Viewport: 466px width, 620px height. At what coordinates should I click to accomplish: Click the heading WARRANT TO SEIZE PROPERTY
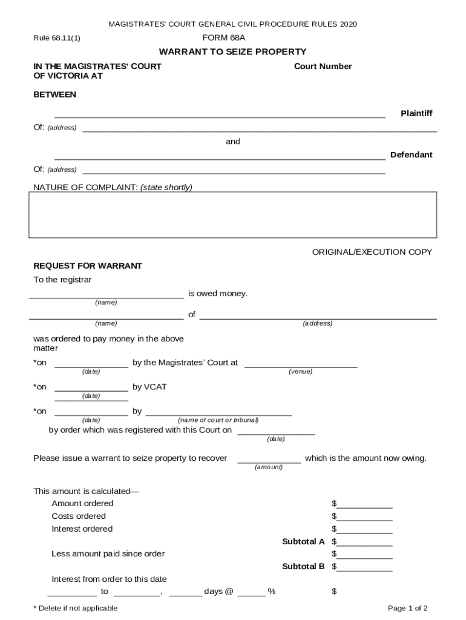coord(232,52)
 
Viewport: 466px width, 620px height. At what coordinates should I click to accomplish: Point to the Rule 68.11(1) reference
coord(56,38)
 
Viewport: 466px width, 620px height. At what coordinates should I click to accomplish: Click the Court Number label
coord(323,67)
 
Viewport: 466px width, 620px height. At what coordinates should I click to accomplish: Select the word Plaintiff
coord(416,114)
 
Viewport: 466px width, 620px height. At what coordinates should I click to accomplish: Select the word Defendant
coord(411,155)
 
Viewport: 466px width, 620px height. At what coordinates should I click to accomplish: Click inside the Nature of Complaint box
coord(232,214)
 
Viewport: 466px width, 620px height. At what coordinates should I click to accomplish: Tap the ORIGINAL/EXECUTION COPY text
coord(372,252)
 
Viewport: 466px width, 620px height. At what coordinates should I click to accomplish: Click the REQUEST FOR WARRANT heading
coord(87,266)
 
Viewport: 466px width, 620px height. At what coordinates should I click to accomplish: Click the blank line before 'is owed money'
coord(107,295)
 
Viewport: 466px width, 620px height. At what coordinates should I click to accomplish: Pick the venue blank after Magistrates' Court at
coord(300,364)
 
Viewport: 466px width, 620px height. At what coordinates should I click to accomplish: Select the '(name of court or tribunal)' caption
coord(218,420)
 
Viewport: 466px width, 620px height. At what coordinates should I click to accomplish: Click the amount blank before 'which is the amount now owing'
coord(269,459)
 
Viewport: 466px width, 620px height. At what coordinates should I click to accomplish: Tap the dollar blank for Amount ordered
coord(364,504)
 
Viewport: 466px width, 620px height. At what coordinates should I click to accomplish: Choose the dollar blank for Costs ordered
coord(364,517)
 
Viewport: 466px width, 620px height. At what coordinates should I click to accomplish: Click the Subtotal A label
coord(303,542)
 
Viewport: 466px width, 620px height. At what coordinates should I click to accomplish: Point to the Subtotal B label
coord(303,567)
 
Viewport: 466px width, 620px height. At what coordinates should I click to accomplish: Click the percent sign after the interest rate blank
coord(272,592)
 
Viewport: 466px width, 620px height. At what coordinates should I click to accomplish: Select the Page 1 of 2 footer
coord(407,608)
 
